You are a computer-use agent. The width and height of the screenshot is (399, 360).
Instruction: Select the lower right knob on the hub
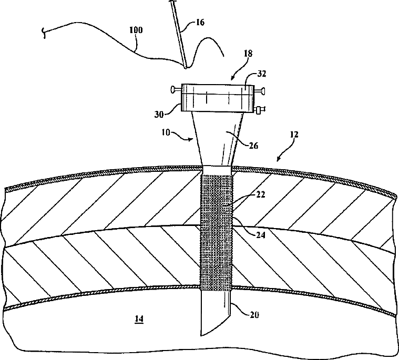pos(260,110)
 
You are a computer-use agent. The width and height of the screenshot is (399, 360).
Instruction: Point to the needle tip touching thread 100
pos(186,67)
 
